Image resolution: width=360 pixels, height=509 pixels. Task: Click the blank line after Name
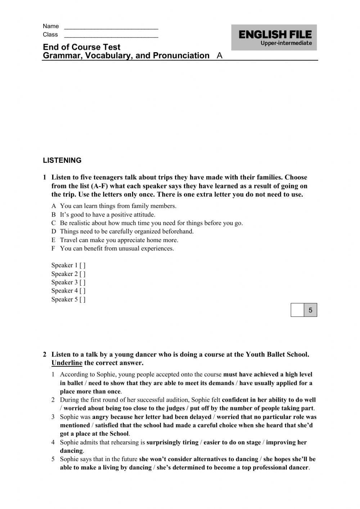click(111, 27)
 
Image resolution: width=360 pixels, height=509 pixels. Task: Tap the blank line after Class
click(111, 35)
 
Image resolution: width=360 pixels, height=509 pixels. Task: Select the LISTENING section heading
click(62, 161)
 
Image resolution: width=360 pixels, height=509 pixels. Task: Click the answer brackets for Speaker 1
click(82, 265)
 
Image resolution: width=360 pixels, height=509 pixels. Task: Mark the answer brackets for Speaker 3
click(82, 282)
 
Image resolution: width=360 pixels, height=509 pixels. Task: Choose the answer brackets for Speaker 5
click(82, 299)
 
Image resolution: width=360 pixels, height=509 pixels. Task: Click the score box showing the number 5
click(310, 310)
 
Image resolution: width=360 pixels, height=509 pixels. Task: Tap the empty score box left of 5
click(297, 310)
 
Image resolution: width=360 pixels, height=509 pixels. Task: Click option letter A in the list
click(54, 206)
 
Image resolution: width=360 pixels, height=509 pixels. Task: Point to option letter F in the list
click(54, 249)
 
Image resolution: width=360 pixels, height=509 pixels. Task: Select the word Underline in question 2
click(67, 363)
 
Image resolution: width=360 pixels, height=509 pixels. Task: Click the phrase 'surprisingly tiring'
click(172, 442)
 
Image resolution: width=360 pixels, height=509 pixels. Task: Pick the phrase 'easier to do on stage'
click(232, 442)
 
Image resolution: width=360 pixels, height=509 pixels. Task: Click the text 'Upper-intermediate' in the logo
click(286, 43)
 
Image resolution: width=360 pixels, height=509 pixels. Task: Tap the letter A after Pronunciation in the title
click(220, 56)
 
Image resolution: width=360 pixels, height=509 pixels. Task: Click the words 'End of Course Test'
click(81, 47)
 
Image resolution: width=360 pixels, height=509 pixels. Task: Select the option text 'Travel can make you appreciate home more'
click(119, 240)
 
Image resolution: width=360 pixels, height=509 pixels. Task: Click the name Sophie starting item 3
click(69, 417)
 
